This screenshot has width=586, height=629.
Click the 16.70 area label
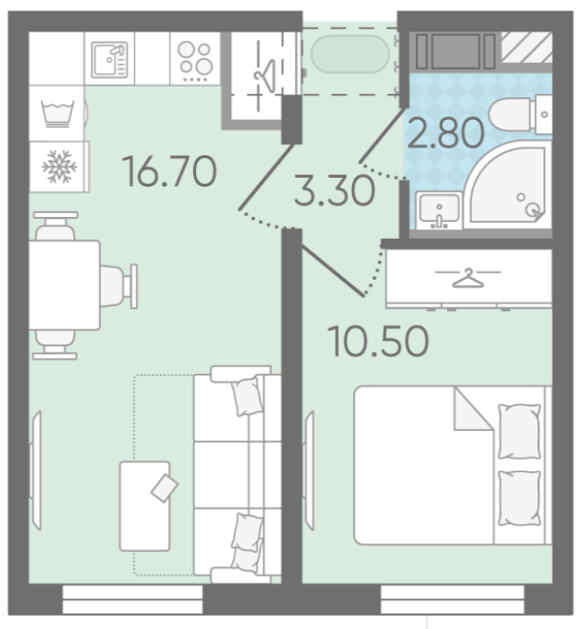(169, 171)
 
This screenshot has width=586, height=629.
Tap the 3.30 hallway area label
(335, 191)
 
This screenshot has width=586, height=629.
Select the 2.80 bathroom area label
(445, 133)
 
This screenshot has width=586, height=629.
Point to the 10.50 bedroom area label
(378, 342)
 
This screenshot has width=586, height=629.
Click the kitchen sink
(109, 59)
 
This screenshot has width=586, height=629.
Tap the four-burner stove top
(195, 60)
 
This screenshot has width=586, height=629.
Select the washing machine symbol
(57, 113)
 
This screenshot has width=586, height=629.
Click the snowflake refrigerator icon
(59, 167)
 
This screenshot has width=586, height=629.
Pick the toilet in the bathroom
(520, 115)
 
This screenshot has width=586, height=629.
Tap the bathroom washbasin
(439, 210)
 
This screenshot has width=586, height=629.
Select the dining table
(64, 285)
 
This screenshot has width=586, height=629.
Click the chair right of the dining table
(119, 286)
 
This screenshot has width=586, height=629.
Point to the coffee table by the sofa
(145, 506)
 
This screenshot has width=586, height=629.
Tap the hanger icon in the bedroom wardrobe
(468, 278)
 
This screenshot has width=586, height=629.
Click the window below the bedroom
(452, 600)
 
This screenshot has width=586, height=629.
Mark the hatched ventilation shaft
(527, 48)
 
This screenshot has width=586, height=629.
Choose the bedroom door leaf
(333, 271)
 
